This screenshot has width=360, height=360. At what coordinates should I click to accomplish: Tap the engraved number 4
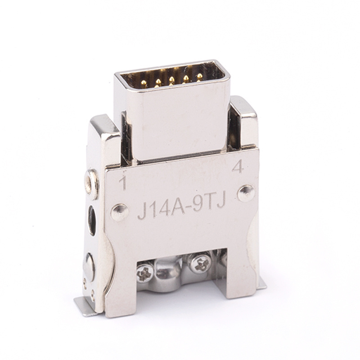click(238, 166)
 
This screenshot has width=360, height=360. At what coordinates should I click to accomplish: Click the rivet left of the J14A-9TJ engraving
click(119, 212)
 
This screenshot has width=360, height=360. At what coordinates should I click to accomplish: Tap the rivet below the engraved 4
click(246, 193)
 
